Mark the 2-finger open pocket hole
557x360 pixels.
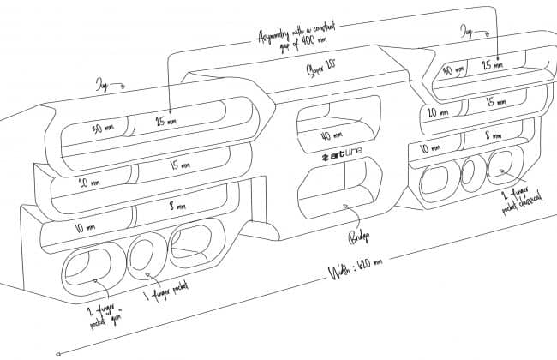[84, 267]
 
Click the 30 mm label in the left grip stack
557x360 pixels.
[103, 129]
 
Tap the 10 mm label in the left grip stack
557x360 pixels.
[85, 227]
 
